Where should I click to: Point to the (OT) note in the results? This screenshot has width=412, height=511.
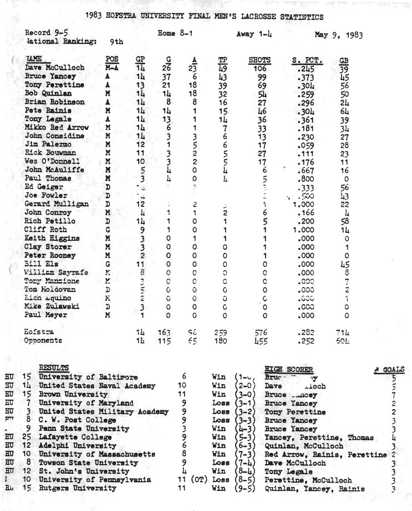[x=198, y=480]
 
